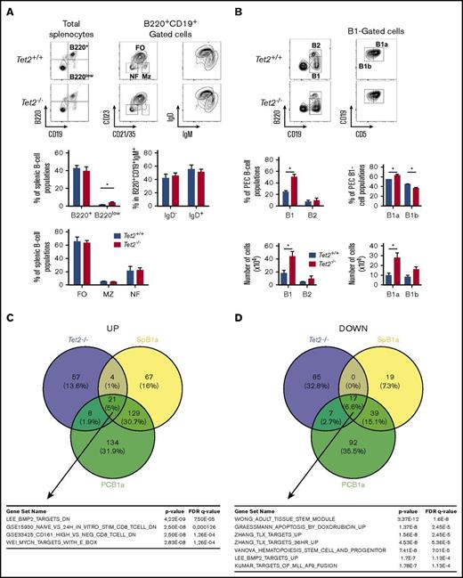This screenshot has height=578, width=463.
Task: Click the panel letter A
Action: click(8, 7)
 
